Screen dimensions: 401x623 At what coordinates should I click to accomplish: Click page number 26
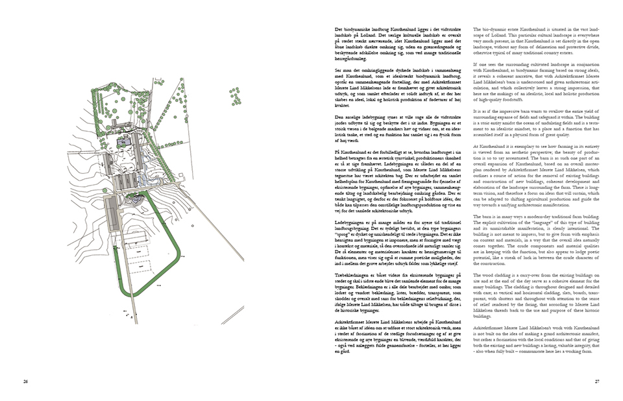(25, 381)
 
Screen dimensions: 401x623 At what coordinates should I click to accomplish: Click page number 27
(598, 381)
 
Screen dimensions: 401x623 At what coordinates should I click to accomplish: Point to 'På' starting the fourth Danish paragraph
(330, 150)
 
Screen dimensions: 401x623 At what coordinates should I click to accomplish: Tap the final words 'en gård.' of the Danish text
(335, 351)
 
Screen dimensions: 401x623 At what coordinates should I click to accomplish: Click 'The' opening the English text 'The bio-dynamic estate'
(478, 30)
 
